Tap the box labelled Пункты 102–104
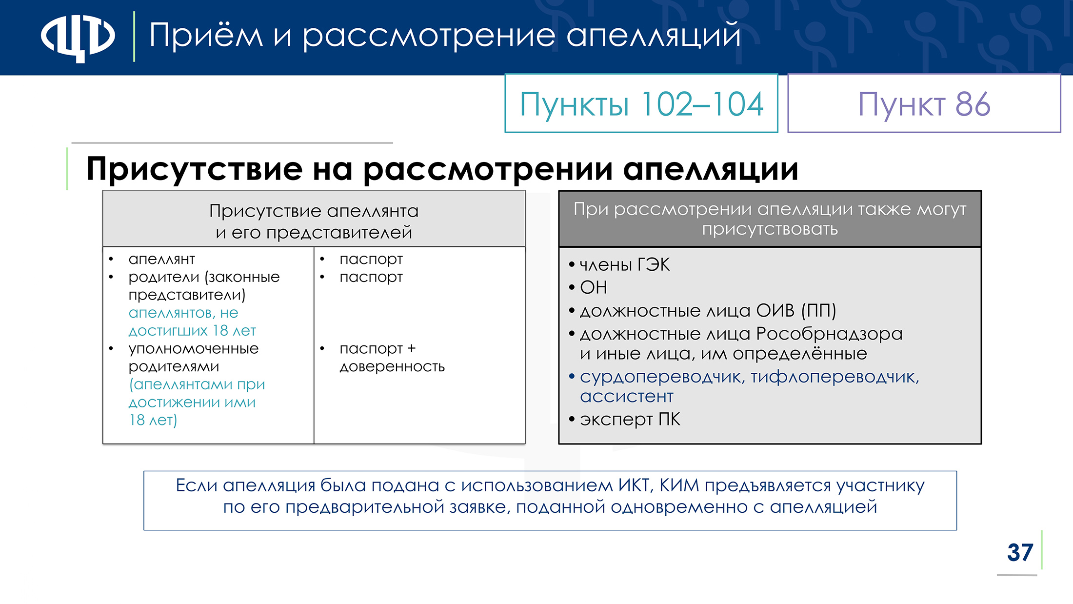(x=641, y=103)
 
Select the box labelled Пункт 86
(x=924, y=103)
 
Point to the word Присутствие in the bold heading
(x=195, y=169)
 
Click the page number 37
(x=1020, y=552)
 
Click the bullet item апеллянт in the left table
(x=161, y=259)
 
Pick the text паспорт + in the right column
(x=378, y=349)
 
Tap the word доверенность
(x=392, y=367)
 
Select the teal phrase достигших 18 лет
(x=192, y=331)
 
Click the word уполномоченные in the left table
(x=194, y=349)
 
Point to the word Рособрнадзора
(x=829, y=334)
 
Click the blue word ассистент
(x=626, y=397)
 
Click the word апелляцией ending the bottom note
(x=823, y=507)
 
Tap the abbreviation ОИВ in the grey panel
(x=775, y=311)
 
